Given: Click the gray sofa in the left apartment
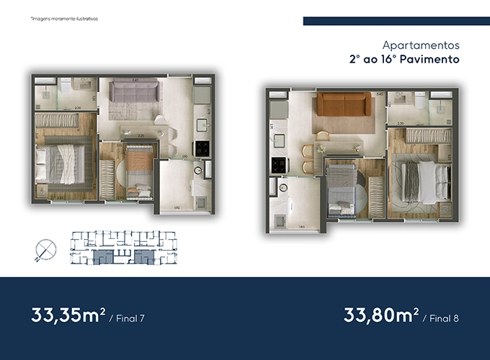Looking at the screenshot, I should [x=134, y=93].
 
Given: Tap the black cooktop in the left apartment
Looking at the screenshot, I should [x=201, y=148].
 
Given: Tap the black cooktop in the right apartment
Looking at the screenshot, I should [x=276, y=165].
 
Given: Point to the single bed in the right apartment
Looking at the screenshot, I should [x=339, y=185].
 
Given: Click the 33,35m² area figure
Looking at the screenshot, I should [x=69, y=315].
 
